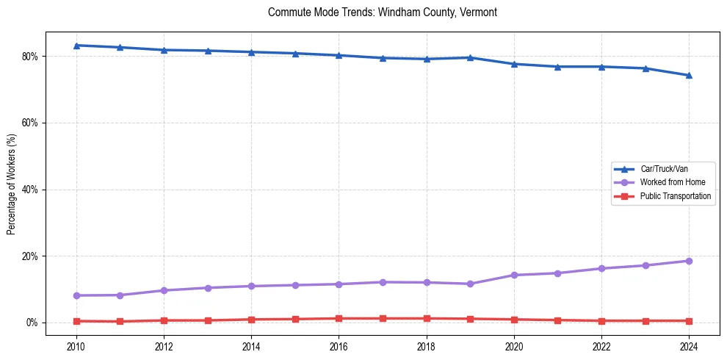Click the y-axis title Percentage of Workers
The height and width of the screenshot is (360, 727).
[x=11, y=184]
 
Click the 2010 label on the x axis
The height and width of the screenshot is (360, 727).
[x=76, y=345]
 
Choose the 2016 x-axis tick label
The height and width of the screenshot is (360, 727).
[x=339, y=345]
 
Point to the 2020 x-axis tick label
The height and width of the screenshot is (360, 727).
[x=514, y=345]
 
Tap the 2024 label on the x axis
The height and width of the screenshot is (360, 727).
[x=689, y=345]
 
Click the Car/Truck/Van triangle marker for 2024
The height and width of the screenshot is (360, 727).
[x=689, y=75]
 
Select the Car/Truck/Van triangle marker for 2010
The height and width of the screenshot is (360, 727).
[x=76, y=46]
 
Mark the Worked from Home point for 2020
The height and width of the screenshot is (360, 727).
[x=514, y=275]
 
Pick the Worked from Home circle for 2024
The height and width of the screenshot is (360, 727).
[x=689, y=261]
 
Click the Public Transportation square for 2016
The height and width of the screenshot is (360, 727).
[x=339, y=319]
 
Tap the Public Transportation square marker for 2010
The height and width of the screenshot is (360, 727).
[x=76, y=321]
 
